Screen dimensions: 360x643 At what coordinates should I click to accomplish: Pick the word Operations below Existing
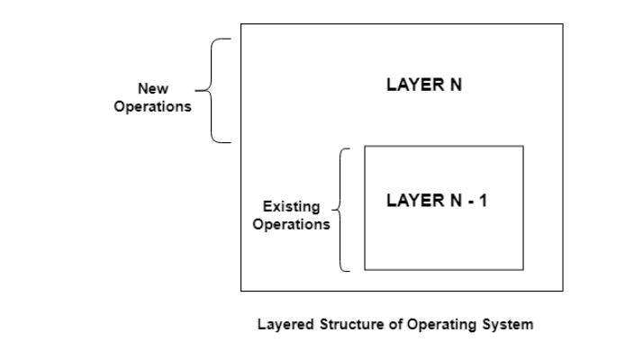coord(291,224)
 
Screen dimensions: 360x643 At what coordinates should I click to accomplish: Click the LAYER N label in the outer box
coord(423,85)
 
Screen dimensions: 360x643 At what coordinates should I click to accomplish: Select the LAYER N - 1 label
coord(436,200)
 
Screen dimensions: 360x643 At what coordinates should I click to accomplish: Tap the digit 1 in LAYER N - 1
coord(483,200)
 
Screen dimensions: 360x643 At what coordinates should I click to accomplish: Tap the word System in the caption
coord(505,325)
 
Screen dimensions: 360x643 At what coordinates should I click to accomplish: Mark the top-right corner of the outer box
coord(563,24)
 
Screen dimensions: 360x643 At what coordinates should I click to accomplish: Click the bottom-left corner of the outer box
coord(240,291)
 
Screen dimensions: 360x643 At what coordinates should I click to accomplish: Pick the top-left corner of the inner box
coord(365,146)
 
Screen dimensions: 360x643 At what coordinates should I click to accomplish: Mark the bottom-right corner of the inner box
coord(522,269)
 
